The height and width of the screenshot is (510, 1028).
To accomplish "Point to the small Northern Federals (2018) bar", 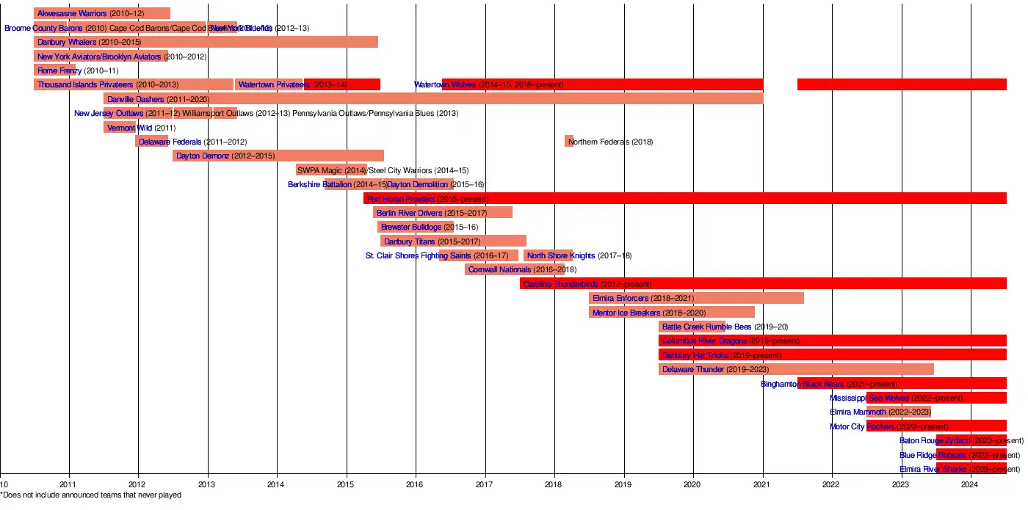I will point(568,141).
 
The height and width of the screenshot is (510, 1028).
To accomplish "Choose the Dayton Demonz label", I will point(203,156).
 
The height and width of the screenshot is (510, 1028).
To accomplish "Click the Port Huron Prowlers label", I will point(400,199).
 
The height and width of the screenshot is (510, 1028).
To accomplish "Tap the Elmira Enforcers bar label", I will point(620,299).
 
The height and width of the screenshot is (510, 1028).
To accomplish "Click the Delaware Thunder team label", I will point(692,370).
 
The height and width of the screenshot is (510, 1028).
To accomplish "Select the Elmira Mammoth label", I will point(858,412).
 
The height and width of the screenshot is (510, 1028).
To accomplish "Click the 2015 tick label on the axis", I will point(346,484).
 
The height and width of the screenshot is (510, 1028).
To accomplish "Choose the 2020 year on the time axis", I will point(692,484).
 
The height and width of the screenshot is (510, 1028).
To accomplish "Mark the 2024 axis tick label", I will point(970,484).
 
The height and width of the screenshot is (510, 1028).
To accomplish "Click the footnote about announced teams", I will point(91,495).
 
